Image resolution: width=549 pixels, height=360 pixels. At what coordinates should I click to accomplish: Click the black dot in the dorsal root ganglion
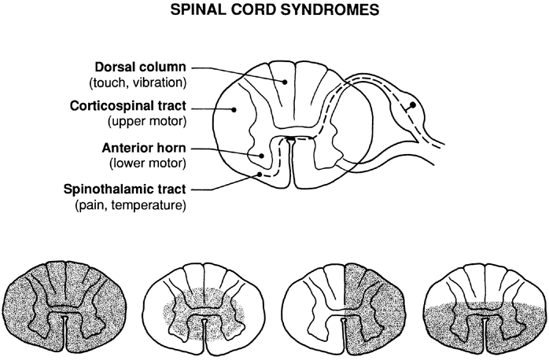pos(411,105)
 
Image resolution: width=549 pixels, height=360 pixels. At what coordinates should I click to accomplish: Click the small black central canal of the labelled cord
pos(291,139)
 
